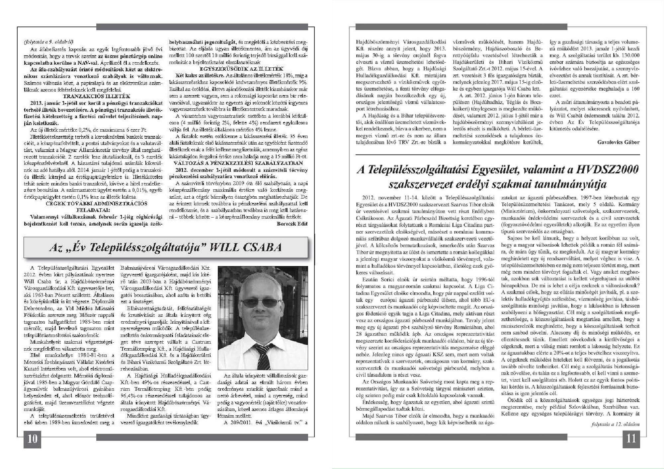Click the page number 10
tap(32, 439)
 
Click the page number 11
tap(630, 438)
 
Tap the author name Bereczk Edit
tap(292, 224)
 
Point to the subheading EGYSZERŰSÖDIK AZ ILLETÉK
tap(241, 69)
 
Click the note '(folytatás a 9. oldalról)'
tap(48, 42)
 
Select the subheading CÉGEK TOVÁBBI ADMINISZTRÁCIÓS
tap(96, 203)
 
